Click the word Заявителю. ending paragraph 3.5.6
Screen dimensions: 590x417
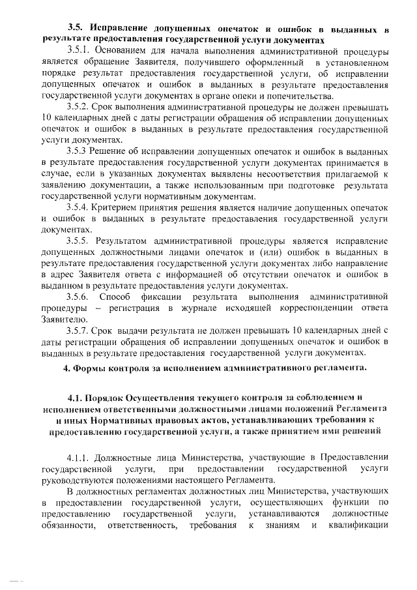[x=61, y=319]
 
